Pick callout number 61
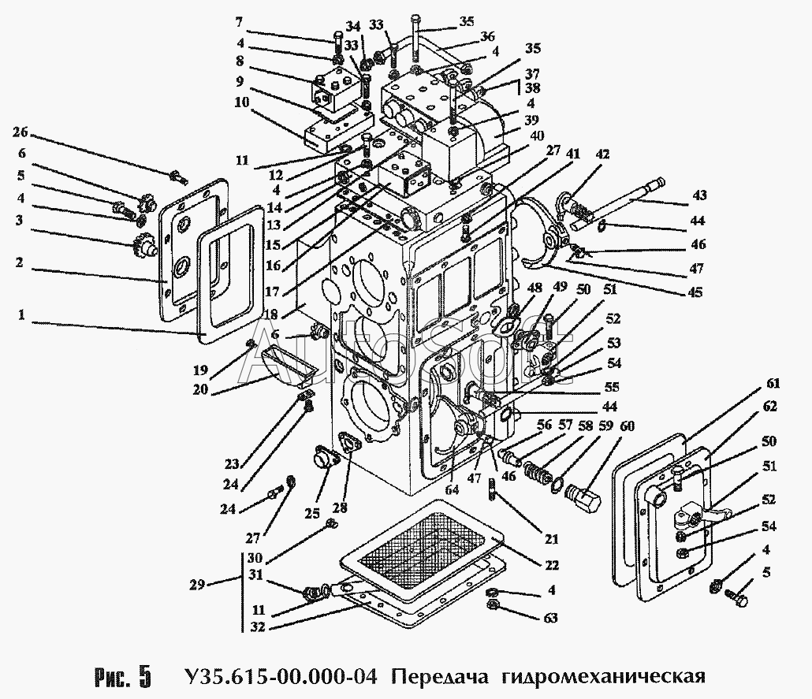point(771,384)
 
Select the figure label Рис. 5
point(122,676)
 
